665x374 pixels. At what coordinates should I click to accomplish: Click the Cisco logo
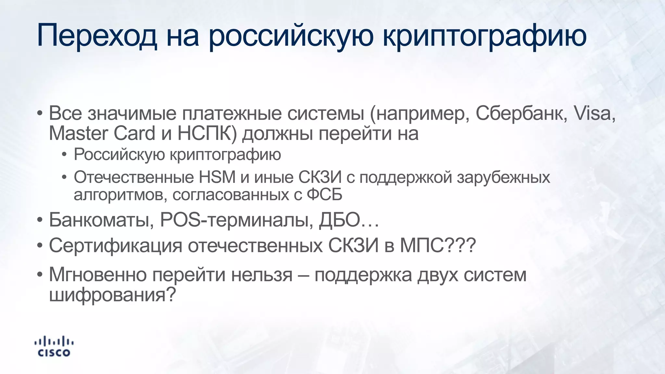pyautogui.click(x=54, y=347)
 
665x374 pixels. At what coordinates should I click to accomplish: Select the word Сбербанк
pyautogui.click(x=521, y=113)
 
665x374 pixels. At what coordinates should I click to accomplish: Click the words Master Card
pyautogui.click(x=102, y=133)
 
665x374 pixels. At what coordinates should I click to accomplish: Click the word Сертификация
pyautogui.click(x=116, y=245)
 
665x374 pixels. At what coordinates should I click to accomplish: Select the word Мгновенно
pyautogui.click(x=98, y=275)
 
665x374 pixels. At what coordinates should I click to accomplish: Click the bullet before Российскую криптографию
pyautogui.click(x=64, y=155)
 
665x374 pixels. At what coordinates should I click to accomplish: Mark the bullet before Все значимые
pyautogui.click(x=39, y=114)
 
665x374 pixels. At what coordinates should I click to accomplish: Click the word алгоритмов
pyautogui.click(x=120, y=194)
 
